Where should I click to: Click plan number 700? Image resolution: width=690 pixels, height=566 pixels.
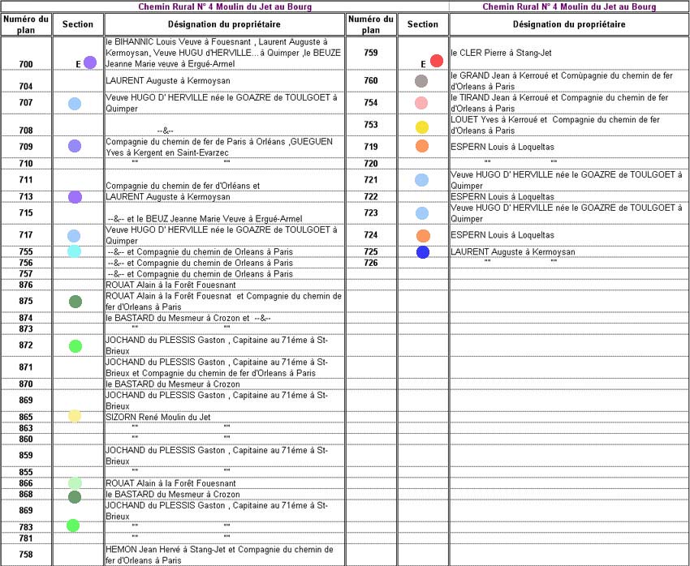click(26, 64)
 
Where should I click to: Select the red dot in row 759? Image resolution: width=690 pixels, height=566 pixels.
click(436, 61)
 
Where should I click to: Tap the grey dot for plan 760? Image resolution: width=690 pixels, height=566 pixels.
click(421, 81)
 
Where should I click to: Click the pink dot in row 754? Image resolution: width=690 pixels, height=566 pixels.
click(421, 103)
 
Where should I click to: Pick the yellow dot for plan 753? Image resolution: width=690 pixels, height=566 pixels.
click(422, 127)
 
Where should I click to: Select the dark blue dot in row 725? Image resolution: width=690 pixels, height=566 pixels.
click(422, 252)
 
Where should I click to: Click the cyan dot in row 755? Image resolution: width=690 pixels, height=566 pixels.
click(74, 251)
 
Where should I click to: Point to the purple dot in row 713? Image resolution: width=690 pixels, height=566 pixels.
click(75, 197)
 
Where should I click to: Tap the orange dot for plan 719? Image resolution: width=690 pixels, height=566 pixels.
click(422, 147)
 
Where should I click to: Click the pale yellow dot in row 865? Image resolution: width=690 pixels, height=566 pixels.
click(75, 416)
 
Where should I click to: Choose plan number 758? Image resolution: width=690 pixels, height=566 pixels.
click(26, 555)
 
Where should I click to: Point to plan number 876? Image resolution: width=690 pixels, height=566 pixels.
click(26, 285)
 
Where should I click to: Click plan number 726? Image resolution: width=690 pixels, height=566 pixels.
click(371, 263)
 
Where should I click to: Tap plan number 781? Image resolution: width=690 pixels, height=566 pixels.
click(26, 538)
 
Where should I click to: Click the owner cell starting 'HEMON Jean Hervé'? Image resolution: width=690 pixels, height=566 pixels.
click(223, 555)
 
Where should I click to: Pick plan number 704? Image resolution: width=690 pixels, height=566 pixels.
click(26, 86)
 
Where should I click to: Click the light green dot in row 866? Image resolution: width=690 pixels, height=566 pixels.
click(75, 483)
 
